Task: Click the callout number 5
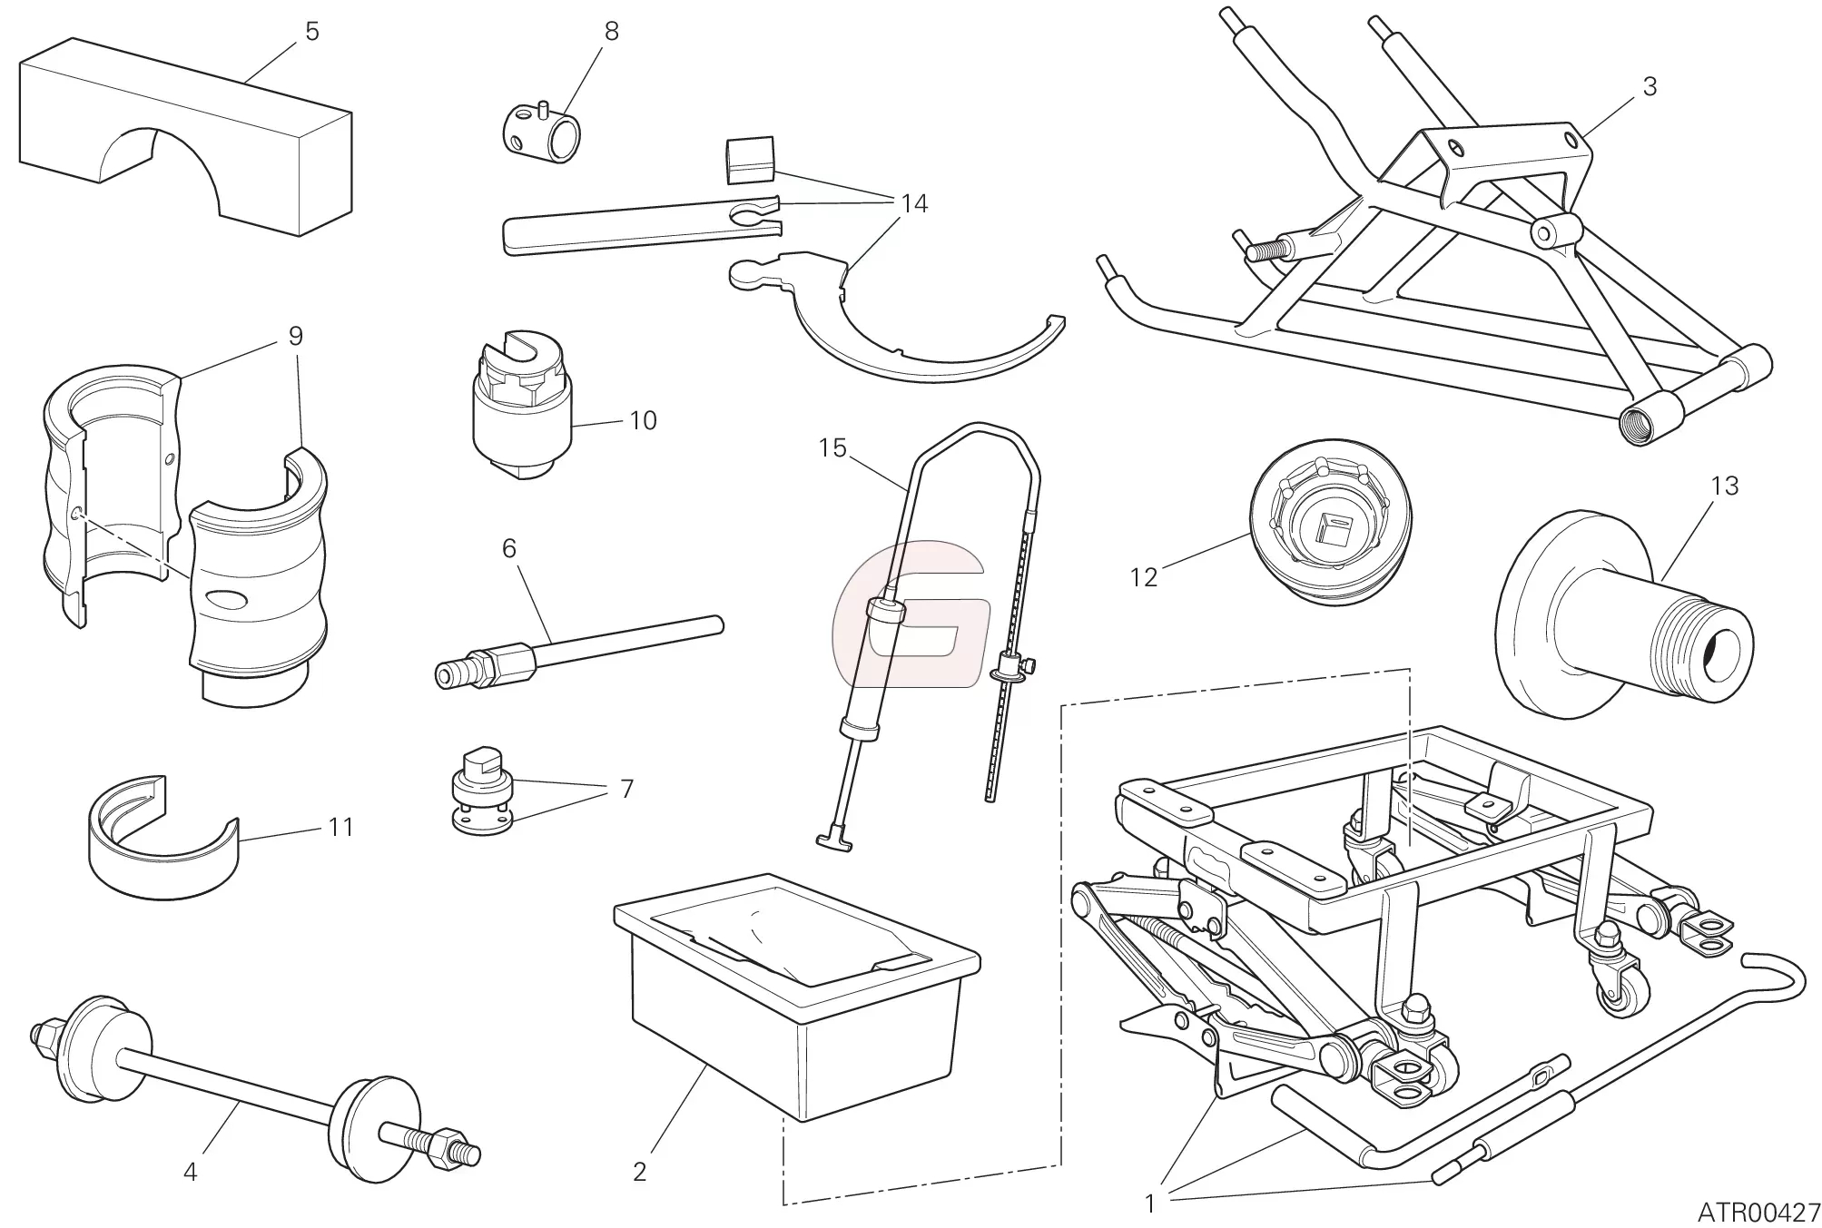[x=311, y=32]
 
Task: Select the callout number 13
[x=1724, y=486]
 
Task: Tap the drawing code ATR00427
[x=1758, y=1212]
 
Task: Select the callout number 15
[x=832, y=447]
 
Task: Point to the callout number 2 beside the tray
[x=639, y=1172]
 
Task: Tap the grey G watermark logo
[x=908, y=612]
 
